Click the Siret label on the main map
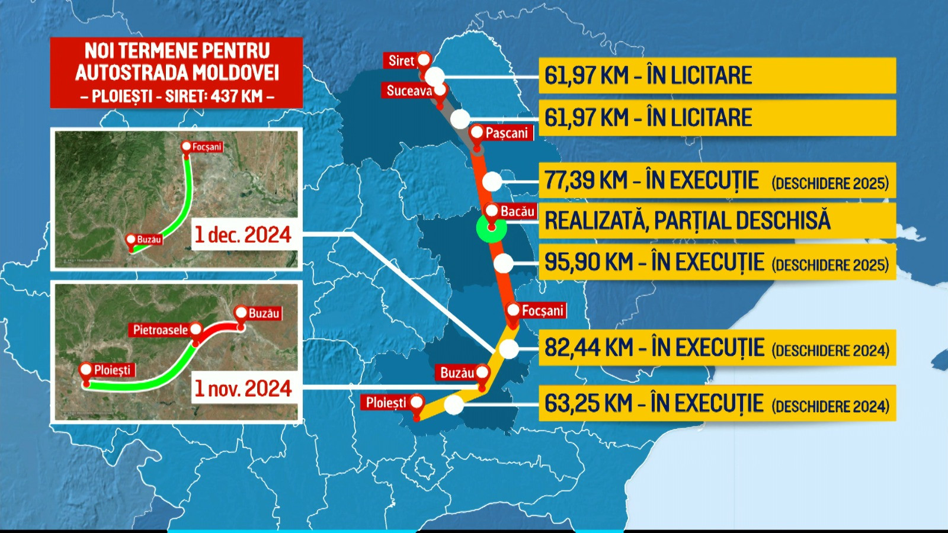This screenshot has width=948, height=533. click(x=401, y=60)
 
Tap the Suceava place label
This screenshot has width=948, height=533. click(x=409, y=91)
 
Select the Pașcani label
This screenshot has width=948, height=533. click(x=507, y=133)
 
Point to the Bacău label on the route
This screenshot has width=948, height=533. click(x=517, y=211)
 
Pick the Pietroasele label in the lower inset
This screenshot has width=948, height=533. click(x=160, y=330)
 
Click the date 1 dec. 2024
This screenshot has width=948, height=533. click(x=243, y=235)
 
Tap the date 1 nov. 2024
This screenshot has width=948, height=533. click(x=243, y=388)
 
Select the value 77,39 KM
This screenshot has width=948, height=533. click(x=585, y=181)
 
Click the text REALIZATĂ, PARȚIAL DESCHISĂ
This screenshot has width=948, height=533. click(x=687, y=221)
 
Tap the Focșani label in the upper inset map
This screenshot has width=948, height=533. click(x=207, y=147)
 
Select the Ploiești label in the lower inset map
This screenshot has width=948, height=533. click(x=112, y=370)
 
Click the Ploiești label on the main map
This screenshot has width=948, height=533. click(x=386, y=403)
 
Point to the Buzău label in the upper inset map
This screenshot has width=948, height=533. click(x=149, y=240)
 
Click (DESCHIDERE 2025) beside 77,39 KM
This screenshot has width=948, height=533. click(x=830, y=183)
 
